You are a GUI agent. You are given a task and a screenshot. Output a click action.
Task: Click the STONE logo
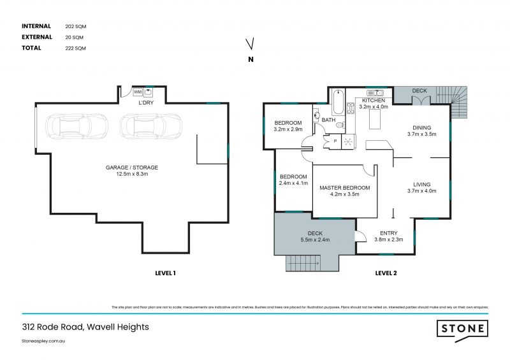click(x=462, y=329)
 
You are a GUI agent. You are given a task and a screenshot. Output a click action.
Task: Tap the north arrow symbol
click(x=251, y=44)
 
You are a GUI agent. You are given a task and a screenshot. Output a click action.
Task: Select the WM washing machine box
click(x=137, y=92)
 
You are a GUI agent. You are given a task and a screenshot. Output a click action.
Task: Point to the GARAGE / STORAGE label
click(x=132, y=168)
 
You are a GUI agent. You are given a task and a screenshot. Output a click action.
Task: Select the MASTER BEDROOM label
click(x=344, y=187)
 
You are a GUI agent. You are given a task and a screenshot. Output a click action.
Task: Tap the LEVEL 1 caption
click(x=165, y=273)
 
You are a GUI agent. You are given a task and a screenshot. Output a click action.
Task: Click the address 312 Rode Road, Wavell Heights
click(x=85, y=327)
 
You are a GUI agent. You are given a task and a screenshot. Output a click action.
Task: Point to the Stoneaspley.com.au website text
click(x=44, y=342)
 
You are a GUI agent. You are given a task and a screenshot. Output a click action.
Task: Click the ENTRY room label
click(x=388, y=233)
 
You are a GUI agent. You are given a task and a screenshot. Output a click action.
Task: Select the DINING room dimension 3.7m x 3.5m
click(x=421, y=134)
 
